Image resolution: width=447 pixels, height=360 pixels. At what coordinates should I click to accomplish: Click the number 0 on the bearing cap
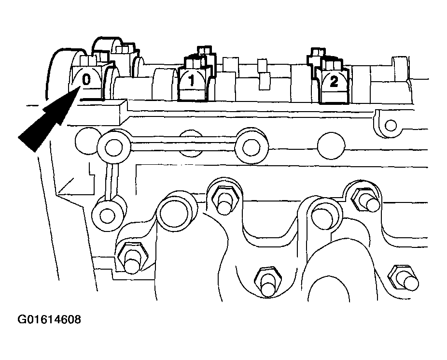tap(86, 79)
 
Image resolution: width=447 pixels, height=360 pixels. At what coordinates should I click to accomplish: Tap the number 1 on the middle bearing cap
tap(192, 80)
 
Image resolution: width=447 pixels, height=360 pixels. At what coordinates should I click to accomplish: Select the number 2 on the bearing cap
tap(334, 82)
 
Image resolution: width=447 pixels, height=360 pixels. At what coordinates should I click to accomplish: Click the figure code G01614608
tap(49, 319)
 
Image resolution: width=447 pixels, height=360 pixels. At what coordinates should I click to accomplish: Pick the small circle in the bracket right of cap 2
tap(391, 125)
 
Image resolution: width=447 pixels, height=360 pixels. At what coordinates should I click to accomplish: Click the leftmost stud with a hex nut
tap(132, 257)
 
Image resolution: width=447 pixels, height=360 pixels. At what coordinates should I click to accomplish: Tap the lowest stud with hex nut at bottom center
tap(267, 282)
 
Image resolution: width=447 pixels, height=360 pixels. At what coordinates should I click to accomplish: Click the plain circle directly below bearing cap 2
tap(331, 146)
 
